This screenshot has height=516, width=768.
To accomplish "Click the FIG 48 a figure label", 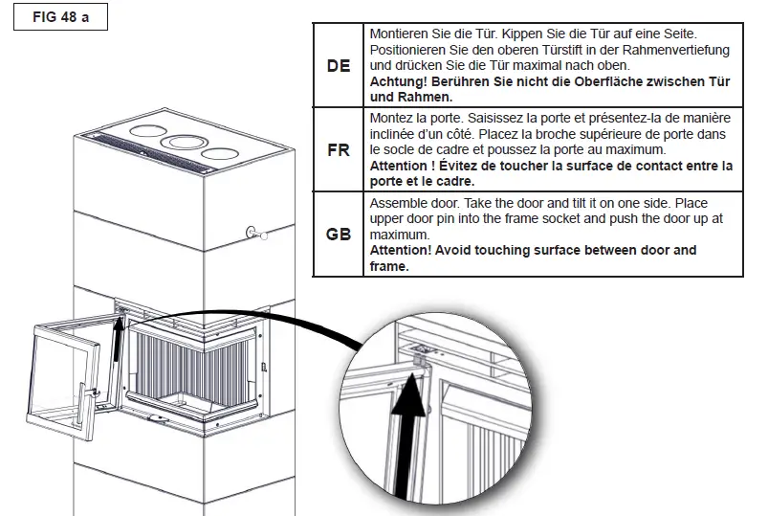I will tap(61, 18).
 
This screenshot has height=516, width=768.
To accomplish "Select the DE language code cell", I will tap(339, 66).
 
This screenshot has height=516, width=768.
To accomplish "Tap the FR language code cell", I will tap(339, 151).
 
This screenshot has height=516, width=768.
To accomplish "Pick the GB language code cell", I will tap(339, 235).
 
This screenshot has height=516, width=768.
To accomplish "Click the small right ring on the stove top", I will tap(221, 153).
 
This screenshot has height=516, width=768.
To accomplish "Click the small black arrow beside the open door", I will tap(117, 349).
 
